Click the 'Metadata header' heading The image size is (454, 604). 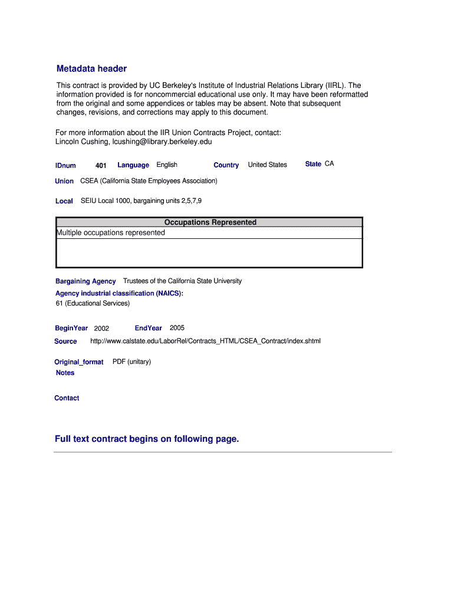click(x=91, y=69)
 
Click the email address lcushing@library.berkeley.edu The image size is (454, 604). click(x=157, y=142)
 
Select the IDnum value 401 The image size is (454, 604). click(x=100, y=166)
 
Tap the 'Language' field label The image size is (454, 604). click(x=133, y=165)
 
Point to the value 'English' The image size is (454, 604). click(x=167, y=165)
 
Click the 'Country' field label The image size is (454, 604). click(x=226, y=165)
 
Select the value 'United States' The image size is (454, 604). click(x=267, y=165)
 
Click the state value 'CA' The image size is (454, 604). click(x=329, y=164)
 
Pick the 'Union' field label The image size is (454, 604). click(x=64, y=181)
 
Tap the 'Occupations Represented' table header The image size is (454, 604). click(x=210, y=222)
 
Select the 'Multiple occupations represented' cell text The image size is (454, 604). click(x=111, y=233)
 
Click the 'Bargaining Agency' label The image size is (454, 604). click(x=85, y=281)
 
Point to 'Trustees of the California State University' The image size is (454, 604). click(x=182, y=281)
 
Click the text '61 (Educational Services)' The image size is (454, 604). click(x=93, y=304)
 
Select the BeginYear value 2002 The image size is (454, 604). click(x=101, y=329)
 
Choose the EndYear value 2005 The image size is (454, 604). click(x=177, y=328)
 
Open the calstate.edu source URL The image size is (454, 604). click(x=205, y=342)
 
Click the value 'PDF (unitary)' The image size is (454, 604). click(x=131, y=362)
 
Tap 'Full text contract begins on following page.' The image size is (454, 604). click(x=147, y=439)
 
